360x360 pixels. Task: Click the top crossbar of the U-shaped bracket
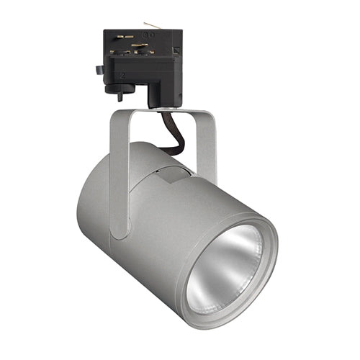coord(162,113)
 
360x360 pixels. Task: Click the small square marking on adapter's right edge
coord(176,50)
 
